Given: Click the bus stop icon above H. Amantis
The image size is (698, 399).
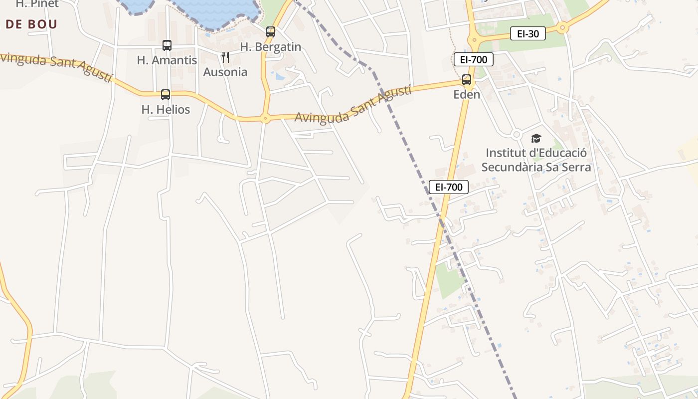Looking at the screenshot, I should coord(167,45).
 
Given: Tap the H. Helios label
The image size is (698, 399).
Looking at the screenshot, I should coord(166,110).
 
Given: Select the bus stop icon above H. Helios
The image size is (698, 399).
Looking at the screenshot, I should coord(166,95).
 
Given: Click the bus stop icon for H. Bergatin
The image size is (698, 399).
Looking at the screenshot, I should coord(271,32).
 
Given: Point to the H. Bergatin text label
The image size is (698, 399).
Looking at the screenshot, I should coord(271,47).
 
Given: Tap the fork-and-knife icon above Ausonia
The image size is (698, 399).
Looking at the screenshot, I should coord(225,57).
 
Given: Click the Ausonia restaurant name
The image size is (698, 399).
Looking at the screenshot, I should coord(225,72).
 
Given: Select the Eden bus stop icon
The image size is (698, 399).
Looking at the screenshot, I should coord(467,80).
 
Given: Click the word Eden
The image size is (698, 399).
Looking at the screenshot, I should coord(467,94).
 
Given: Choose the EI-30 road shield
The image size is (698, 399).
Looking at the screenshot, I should coord(528,34).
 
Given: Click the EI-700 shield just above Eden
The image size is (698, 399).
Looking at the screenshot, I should coord(473,60).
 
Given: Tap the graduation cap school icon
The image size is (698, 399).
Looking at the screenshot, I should coord(536,138).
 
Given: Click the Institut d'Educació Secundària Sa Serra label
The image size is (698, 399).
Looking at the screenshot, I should coord(536,160).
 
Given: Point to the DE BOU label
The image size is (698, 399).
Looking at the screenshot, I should coord(31,24).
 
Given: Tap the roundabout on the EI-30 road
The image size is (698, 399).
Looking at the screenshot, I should coord(562,28).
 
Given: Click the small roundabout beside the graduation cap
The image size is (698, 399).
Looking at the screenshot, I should coord(517,135).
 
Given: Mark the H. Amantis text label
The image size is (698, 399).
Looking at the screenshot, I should coord(167,60).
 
